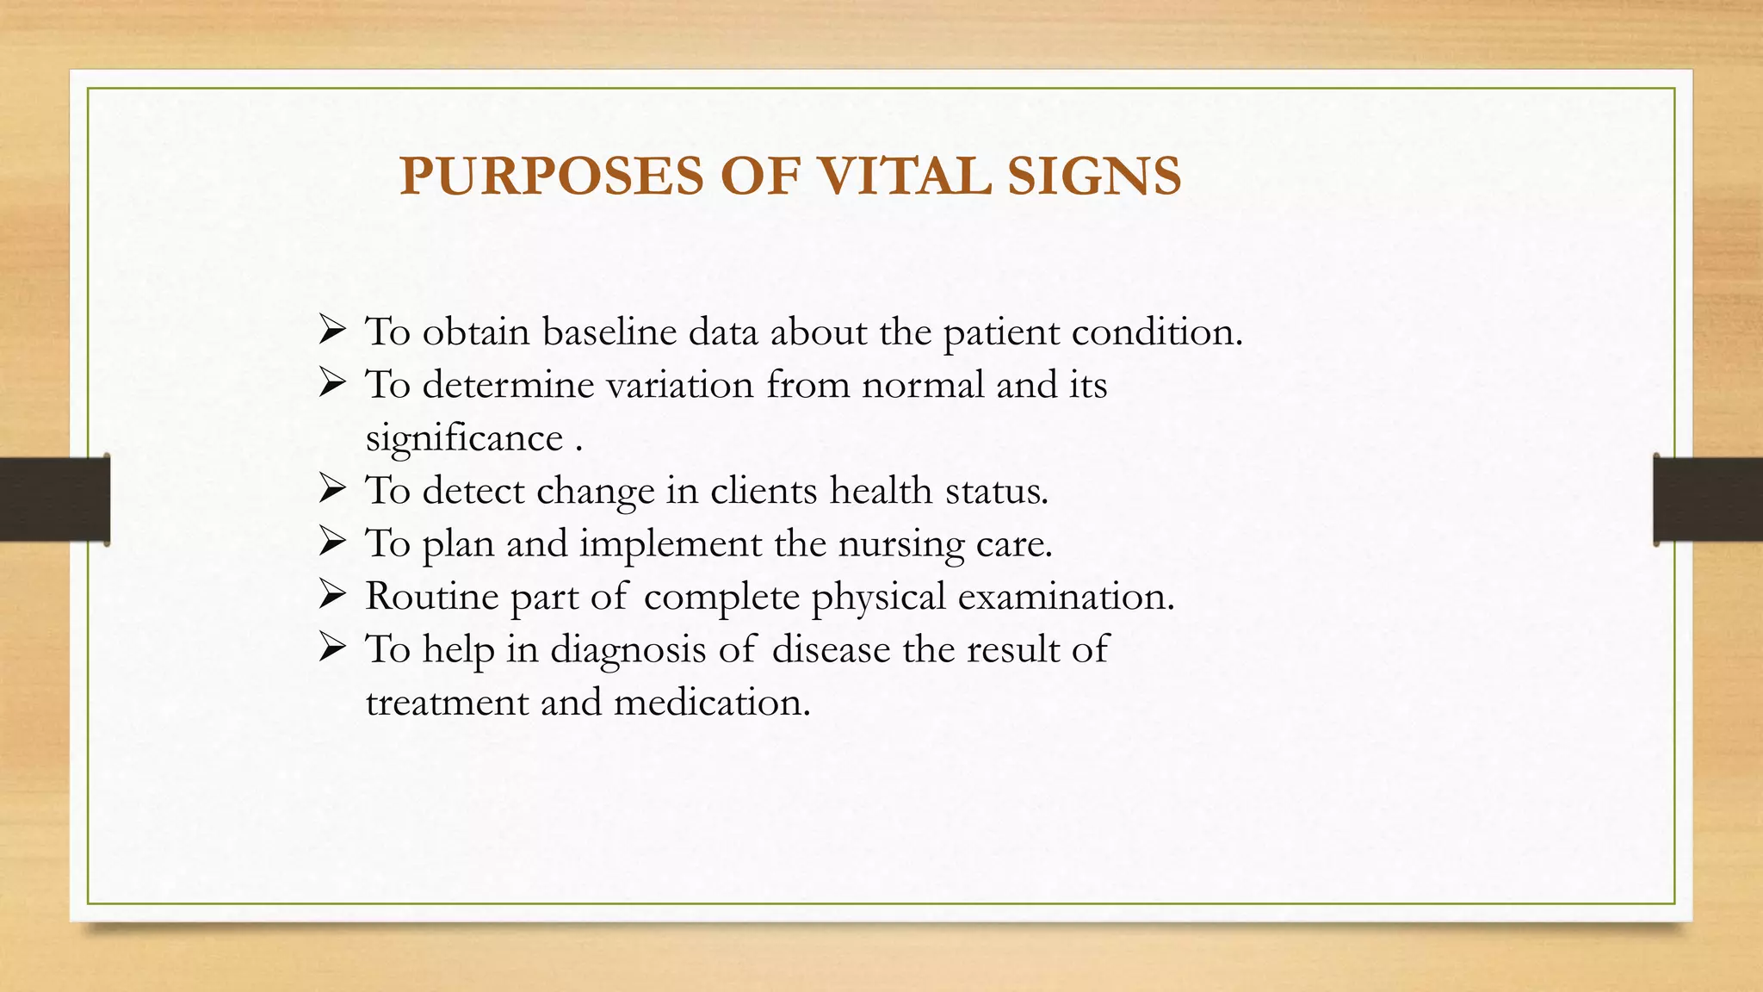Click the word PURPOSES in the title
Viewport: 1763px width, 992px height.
pyautogui.click(x=552, y=177)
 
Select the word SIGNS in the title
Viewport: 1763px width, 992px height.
pyautogui.click(x=1094, y=177)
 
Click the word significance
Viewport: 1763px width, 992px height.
pyautogui.click(x=464, y=439)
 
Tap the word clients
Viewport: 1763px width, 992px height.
pyautogui.click(x=764, y=491)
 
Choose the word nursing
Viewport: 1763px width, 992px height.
pyautogui.click(x=901, y=545)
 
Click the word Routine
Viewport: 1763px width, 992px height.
pyautogui.click(x=431, y=597)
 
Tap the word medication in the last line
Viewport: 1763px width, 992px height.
pyautogui.click(x=712, y=703)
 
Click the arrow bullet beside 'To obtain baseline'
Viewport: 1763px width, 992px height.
pyautogui.click(x=331, y=330)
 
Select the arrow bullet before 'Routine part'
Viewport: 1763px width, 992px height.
pyautogui.click(x=331, y=594)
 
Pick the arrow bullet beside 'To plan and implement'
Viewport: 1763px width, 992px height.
pyautogui.click(x=331, y=542)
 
